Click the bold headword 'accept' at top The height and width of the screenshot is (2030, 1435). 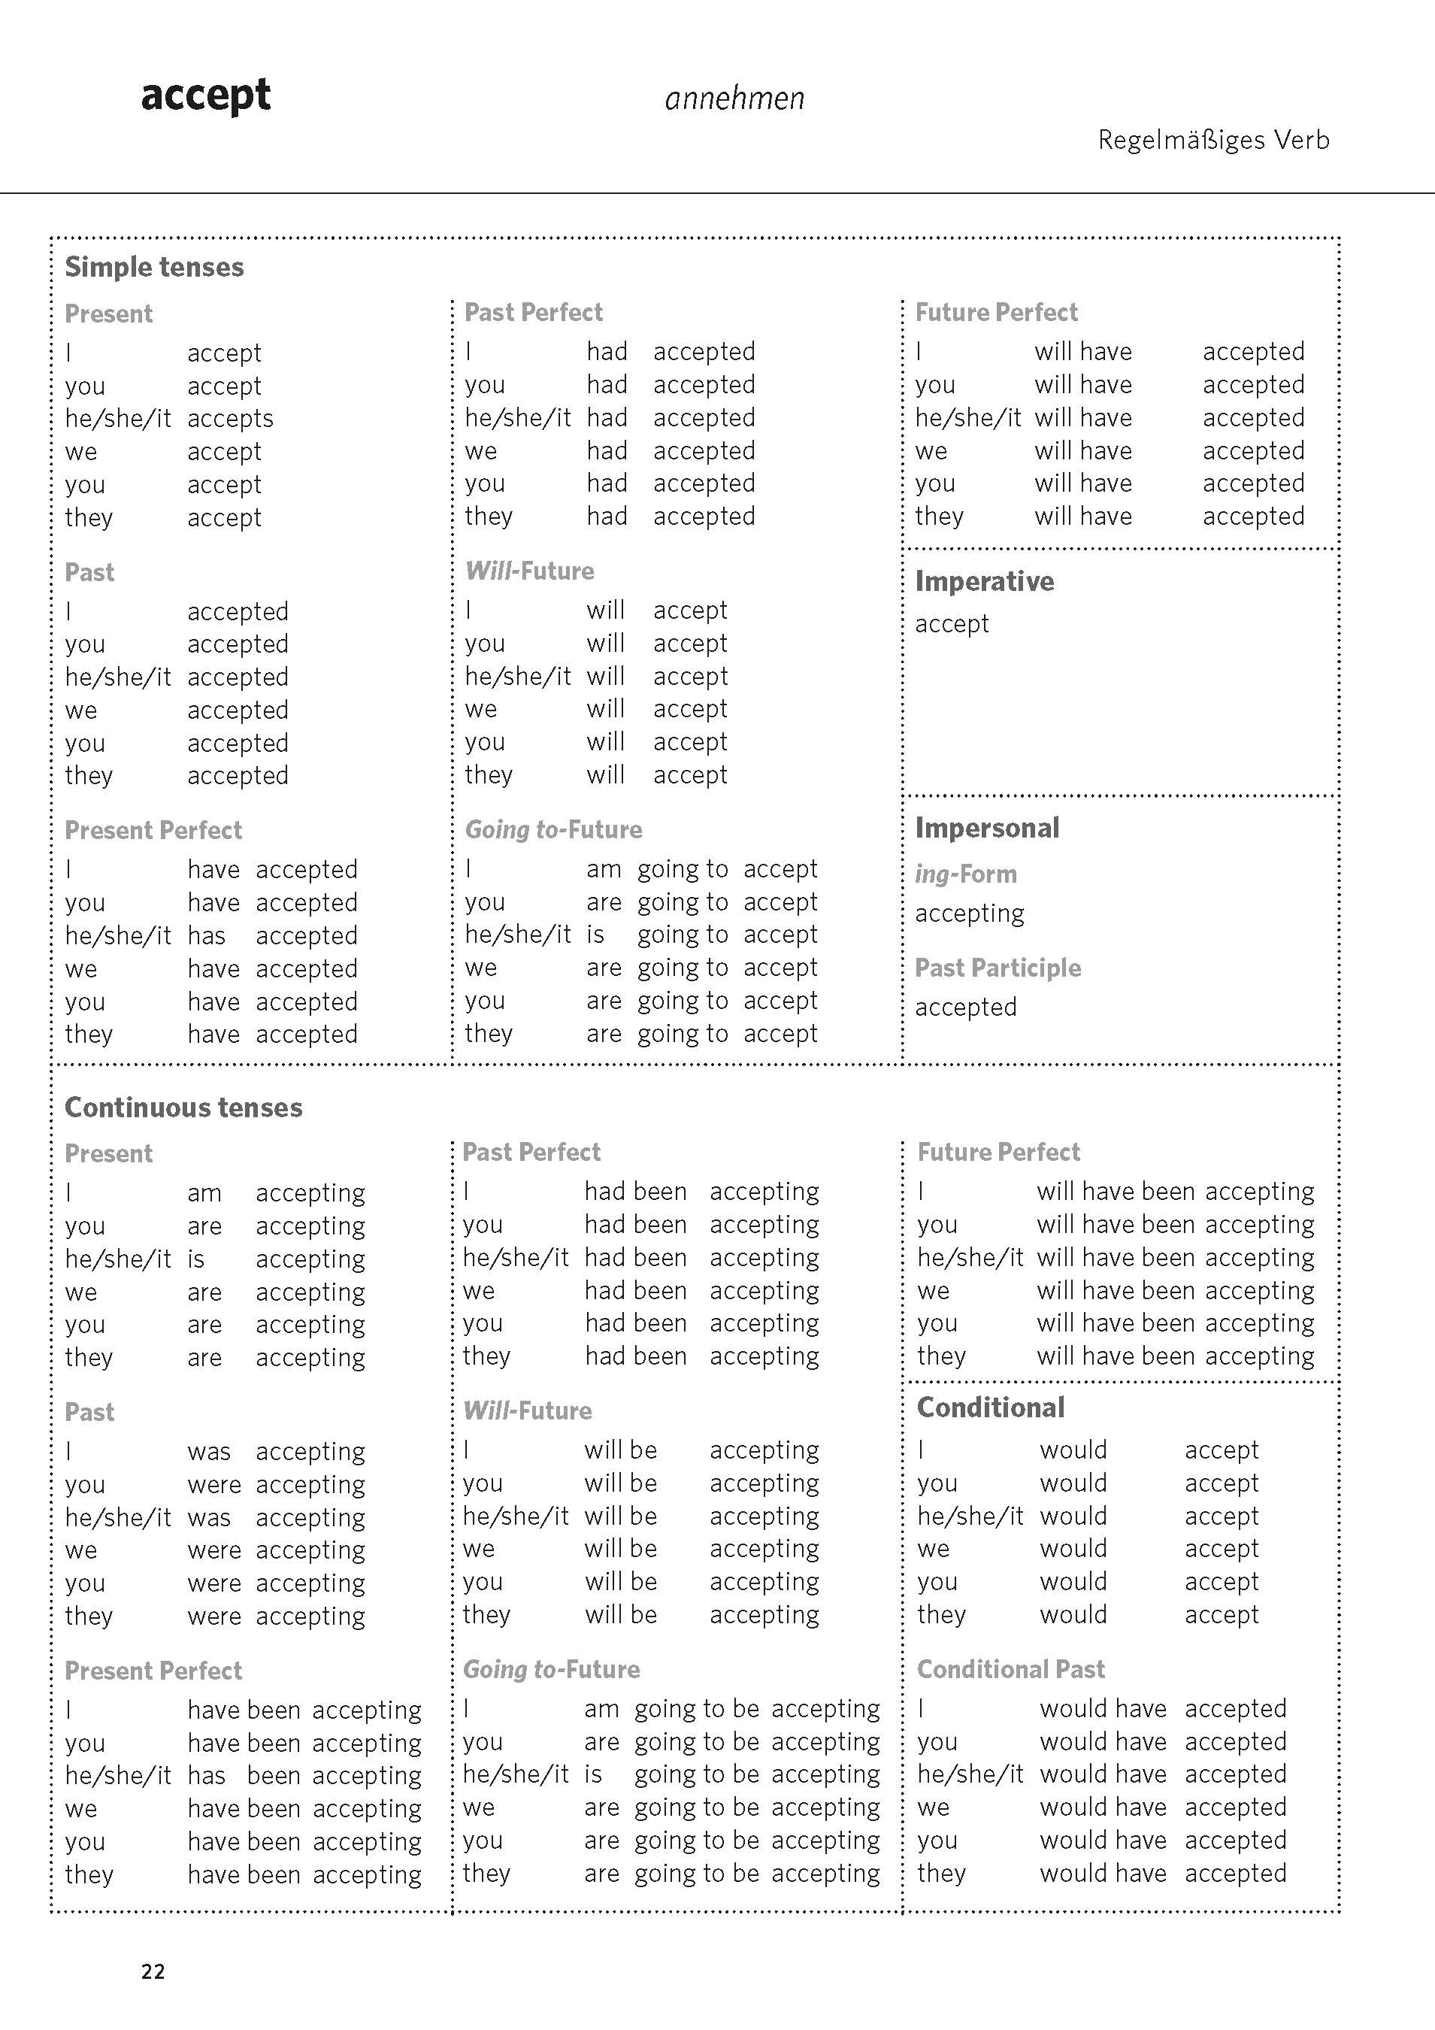205,95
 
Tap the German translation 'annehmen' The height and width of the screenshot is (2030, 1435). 734,98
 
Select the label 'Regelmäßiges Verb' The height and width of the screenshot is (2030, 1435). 1213,140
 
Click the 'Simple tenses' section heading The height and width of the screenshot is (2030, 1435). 154,267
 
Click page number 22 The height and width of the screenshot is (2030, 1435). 153,1971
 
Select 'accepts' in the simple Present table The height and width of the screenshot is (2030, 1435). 230,418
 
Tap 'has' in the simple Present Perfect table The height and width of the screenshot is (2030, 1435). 206,935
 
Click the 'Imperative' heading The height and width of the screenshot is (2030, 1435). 984,581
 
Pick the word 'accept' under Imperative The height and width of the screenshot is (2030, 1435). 952,623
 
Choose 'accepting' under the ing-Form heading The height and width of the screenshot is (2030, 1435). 969,913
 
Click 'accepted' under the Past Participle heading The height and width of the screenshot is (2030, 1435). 965,1007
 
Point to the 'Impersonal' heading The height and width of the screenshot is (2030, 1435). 987,828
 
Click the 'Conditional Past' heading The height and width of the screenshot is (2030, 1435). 1010,1668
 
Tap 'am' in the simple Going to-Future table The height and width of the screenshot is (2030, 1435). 603,869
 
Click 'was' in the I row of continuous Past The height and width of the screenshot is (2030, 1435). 209,1451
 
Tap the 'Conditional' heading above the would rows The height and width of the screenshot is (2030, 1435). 990,1407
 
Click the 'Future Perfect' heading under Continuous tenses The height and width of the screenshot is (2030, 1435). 998,1151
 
